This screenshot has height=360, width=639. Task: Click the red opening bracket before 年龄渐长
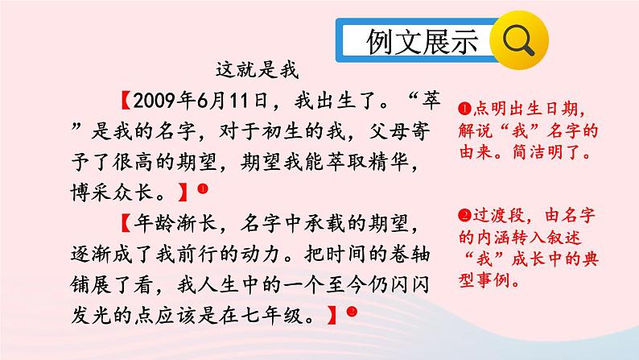[x=126, y=224]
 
